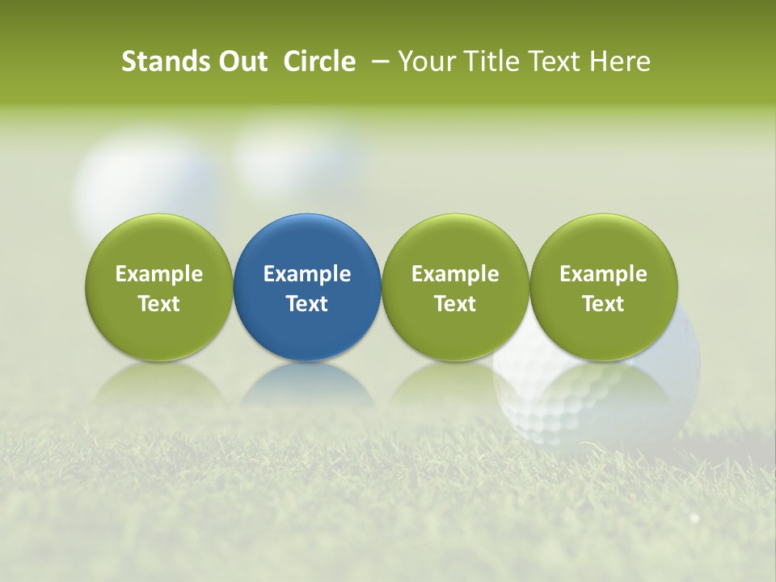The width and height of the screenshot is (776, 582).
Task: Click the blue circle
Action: (x=307, y=287)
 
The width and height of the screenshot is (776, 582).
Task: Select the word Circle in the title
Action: (x=319, y=61)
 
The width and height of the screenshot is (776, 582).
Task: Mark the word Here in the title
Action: (x=620, y=61)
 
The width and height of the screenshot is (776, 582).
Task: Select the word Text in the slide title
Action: (x=555, y=61)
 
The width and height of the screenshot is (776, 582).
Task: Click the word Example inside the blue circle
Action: (x=307, y=274)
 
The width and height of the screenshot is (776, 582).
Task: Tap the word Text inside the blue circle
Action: (x=307, y=304)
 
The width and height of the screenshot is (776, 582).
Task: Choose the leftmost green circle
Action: (x=158, y=287)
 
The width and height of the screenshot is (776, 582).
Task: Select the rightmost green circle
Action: (x=603, y=287)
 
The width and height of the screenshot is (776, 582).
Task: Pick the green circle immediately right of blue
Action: (x=455, y=287)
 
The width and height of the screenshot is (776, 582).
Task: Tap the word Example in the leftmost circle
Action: (x=158, y=274)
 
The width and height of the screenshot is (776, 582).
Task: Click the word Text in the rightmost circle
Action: (x=603, y=304)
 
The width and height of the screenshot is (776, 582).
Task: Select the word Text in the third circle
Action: (x=455, y=304)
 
